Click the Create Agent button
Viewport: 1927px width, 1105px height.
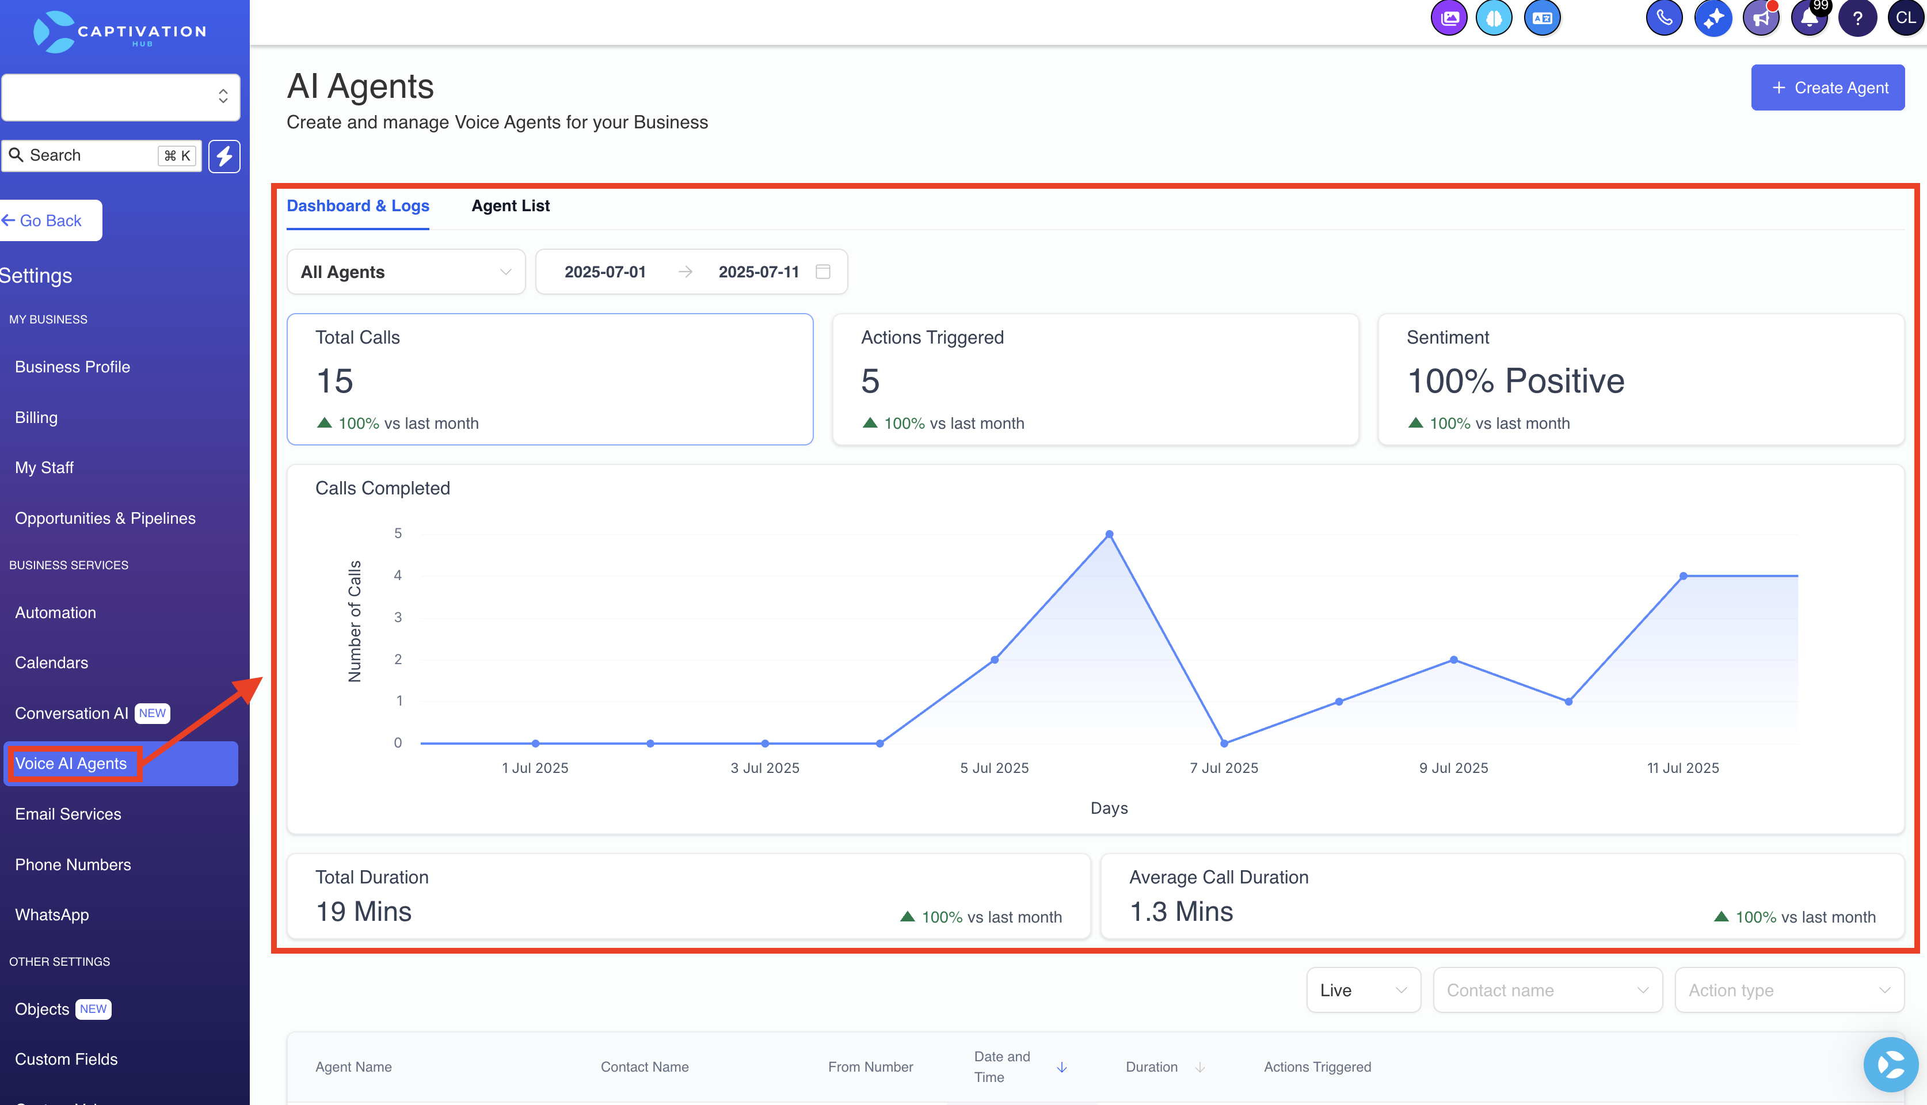(x=1827, y=87)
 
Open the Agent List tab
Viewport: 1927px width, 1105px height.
(x=510, y=205)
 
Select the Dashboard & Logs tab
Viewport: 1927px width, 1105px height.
(x=357, y=205)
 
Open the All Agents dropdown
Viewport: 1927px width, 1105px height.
(x=406, y=272)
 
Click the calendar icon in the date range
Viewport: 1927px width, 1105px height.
(x=822, y=272)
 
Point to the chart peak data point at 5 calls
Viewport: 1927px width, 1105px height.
(x=1109, y=534)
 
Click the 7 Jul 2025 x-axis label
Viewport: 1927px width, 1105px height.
(x=1224, y=768)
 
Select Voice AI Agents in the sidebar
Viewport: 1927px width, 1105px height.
(x=71, y=764)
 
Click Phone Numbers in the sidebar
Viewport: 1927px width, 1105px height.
(x=73, y=864)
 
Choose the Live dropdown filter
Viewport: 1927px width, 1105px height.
(x=1363, y=990)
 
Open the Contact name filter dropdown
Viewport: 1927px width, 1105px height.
(x=1547, y=990)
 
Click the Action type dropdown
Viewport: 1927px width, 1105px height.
(x=1789, y=990)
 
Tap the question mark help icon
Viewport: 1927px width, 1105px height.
(x=1857, y=18)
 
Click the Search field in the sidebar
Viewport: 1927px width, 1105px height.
(x=101, y=155)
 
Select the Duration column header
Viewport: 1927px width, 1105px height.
(x=1151, y=1066)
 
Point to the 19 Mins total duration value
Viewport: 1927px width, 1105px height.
(x=364, y=912)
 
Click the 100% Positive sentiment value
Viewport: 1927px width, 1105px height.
(x=1515, y=380)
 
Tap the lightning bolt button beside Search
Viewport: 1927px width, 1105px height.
(x=224, y=155)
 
